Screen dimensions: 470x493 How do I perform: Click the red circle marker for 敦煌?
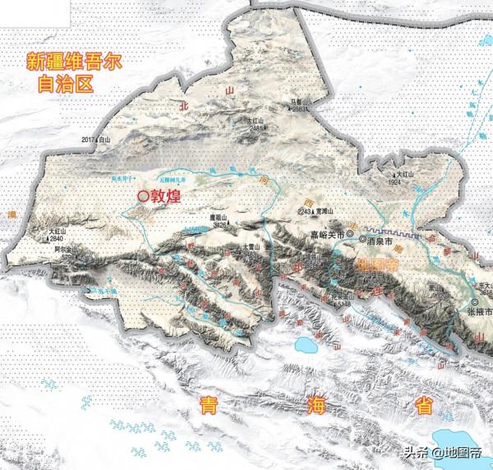click(x=143, y=196)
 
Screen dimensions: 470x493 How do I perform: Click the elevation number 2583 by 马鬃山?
click(x=300, y=108)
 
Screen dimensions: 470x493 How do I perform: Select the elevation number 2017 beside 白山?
click(x=89, y=141)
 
